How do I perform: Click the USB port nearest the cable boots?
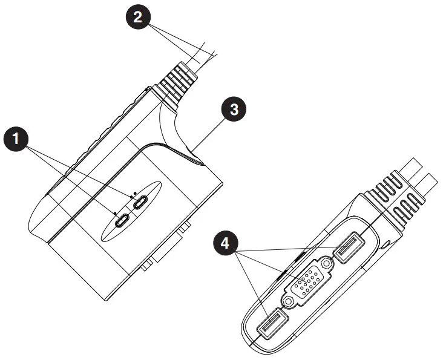pos(349,249)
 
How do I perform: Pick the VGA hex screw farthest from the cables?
pos(289,301)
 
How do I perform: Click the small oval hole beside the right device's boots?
pos(386,243)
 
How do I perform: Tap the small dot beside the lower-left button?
pos(114,212)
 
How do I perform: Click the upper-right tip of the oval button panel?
pos(159,184)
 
